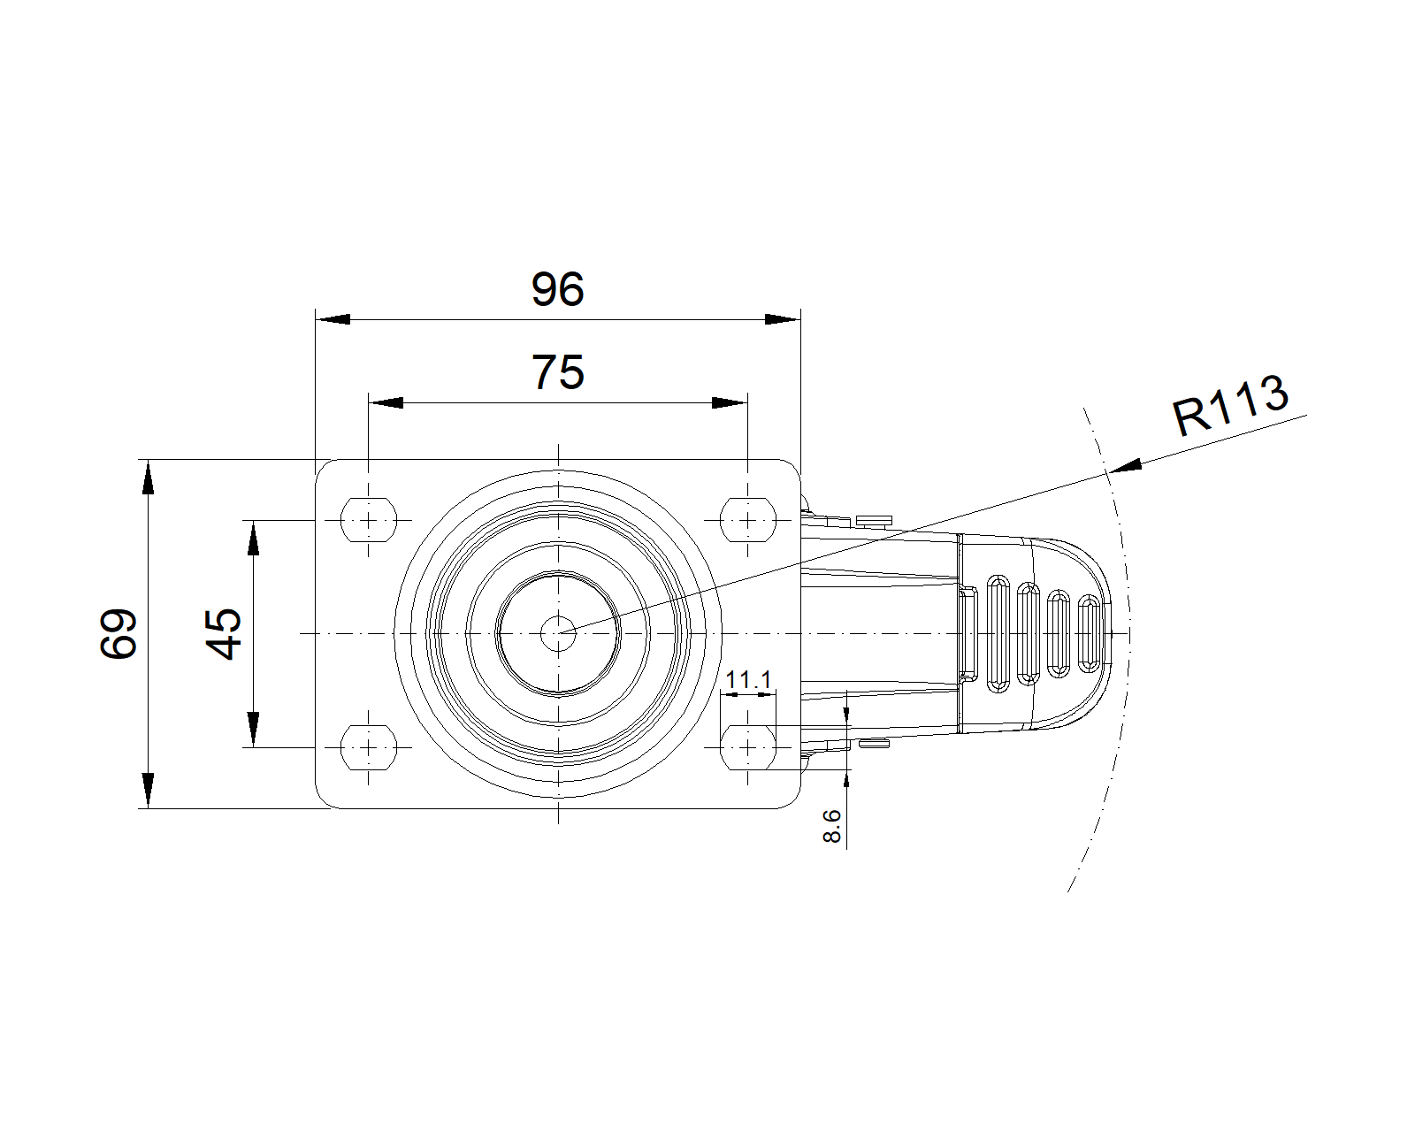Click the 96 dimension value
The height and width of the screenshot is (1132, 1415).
pyautogui.click(x=558, y=289)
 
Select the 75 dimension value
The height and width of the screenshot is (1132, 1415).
pyautogui.click(x=558, y=372)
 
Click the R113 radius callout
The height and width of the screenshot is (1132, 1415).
pyautogui.click(x=1230, y=406)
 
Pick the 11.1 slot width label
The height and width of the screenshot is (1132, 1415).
pyautogui.click(x=749, y=680)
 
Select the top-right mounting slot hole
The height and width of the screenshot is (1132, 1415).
pyautogui.click(x=748, y=520)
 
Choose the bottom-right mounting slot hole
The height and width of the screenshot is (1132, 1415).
pyautogui.click(x=748, y=747)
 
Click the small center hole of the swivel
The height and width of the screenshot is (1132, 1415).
pyautogui.click(x=558, y=633)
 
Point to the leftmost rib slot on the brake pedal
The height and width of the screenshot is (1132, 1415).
pyautogui.click(x=998, y=633)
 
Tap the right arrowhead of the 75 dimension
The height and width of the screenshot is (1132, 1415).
pyautogui.click(x=730, y=403)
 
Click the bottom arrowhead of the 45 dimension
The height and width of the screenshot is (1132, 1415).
pyautogui.click(x=254, y=730)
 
